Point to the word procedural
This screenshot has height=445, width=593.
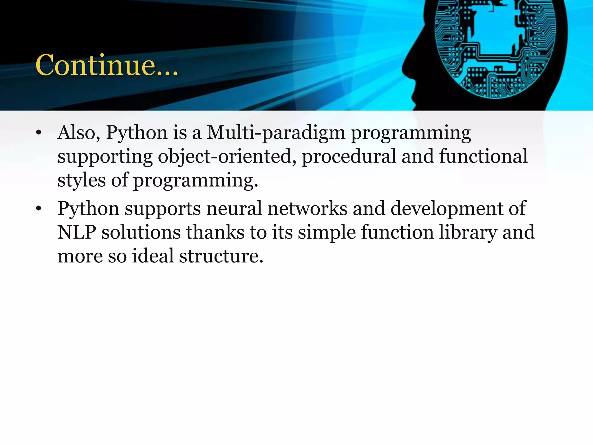tap(349, 157)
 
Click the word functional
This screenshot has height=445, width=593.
tap(483, 156)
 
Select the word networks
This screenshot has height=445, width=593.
tap(307, 208)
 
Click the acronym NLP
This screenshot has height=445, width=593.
tap(76, 232)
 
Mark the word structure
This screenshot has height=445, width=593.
tap(221, 256)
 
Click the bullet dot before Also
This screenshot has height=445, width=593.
tap(39, 133)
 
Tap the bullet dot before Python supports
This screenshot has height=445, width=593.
tap(39, 209)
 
